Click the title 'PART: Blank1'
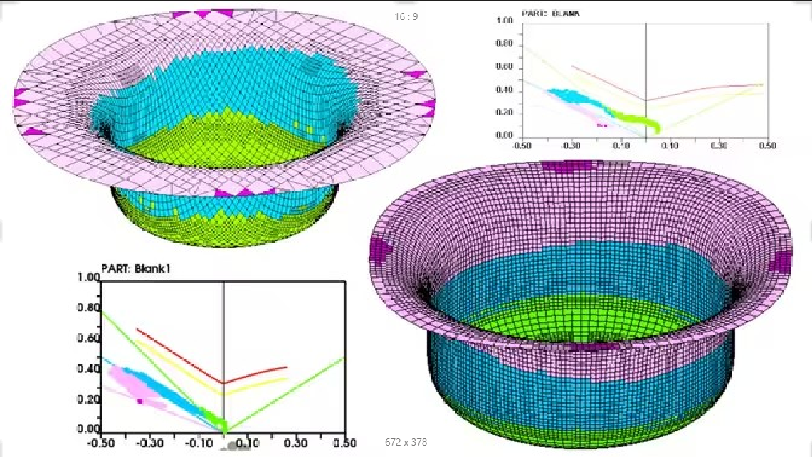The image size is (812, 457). click(x=139, y=269)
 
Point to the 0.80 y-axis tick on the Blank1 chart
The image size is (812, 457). click(x=88, y=308)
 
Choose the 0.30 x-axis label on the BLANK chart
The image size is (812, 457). click(x=719, y=145)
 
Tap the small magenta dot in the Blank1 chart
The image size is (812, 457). click(x=140, y=401)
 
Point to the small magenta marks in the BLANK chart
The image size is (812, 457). click(x=602, y=125)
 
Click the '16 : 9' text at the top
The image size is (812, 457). click(x=406, y=16)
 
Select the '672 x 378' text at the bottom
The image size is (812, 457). click(x=406, y=442)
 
